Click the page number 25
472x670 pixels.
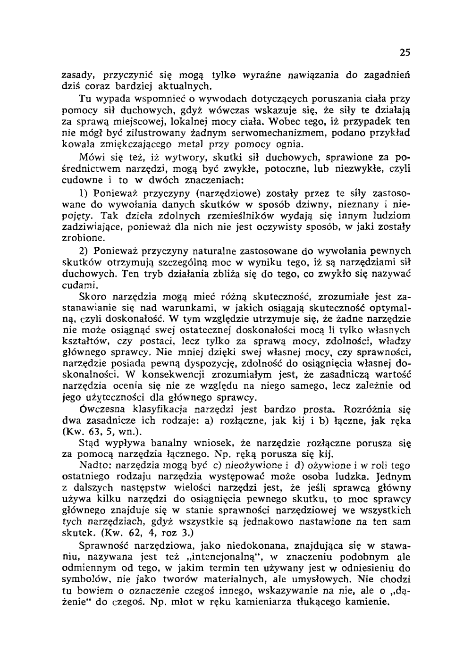pos(405,53)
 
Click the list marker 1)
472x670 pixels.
pos(84,193)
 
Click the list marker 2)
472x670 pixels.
pos(84,251)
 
